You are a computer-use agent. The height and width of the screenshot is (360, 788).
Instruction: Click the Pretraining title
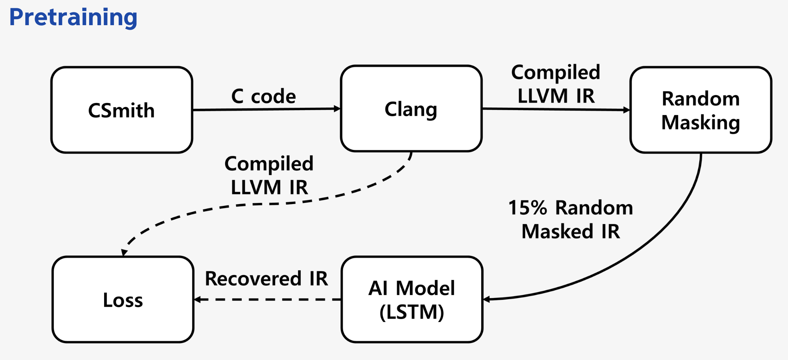73,17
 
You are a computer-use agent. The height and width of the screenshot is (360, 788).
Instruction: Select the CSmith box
122,110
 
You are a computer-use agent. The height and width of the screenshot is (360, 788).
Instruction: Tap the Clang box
411,109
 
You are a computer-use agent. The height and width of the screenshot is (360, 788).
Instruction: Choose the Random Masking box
701,110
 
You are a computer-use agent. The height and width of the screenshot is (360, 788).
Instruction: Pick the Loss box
123,299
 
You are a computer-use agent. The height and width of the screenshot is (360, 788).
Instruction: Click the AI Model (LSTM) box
412,299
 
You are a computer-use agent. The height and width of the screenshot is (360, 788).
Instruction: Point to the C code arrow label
264,96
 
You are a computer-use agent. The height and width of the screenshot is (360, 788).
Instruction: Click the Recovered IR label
266,278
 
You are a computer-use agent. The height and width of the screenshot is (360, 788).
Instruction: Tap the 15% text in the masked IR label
527,207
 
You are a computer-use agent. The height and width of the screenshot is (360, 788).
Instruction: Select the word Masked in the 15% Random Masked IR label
557,231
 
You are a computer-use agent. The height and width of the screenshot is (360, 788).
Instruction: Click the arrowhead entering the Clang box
337,109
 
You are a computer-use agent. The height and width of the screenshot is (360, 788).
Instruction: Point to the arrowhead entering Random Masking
627,110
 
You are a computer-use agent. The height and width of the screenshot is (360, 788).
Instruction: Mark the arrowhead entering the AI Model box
486,299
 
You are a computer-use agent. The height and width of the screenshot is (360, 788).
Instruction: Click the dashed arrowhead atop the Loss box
124,252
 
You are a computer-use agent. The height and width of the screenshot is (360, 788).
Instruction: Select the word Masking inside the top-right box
701,123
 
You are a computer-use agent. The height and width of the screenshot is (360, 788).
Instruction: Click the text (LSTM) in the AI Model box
412,312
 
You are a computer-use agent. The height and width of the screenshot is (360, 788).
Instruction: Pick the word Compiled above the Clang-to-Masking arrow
556,72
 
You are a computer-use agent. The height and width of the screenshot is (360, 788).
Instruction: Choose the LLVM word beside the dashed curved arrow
256,187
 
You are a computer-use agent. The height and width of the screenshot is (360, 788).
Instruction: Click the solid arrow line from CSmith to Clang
263,109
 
